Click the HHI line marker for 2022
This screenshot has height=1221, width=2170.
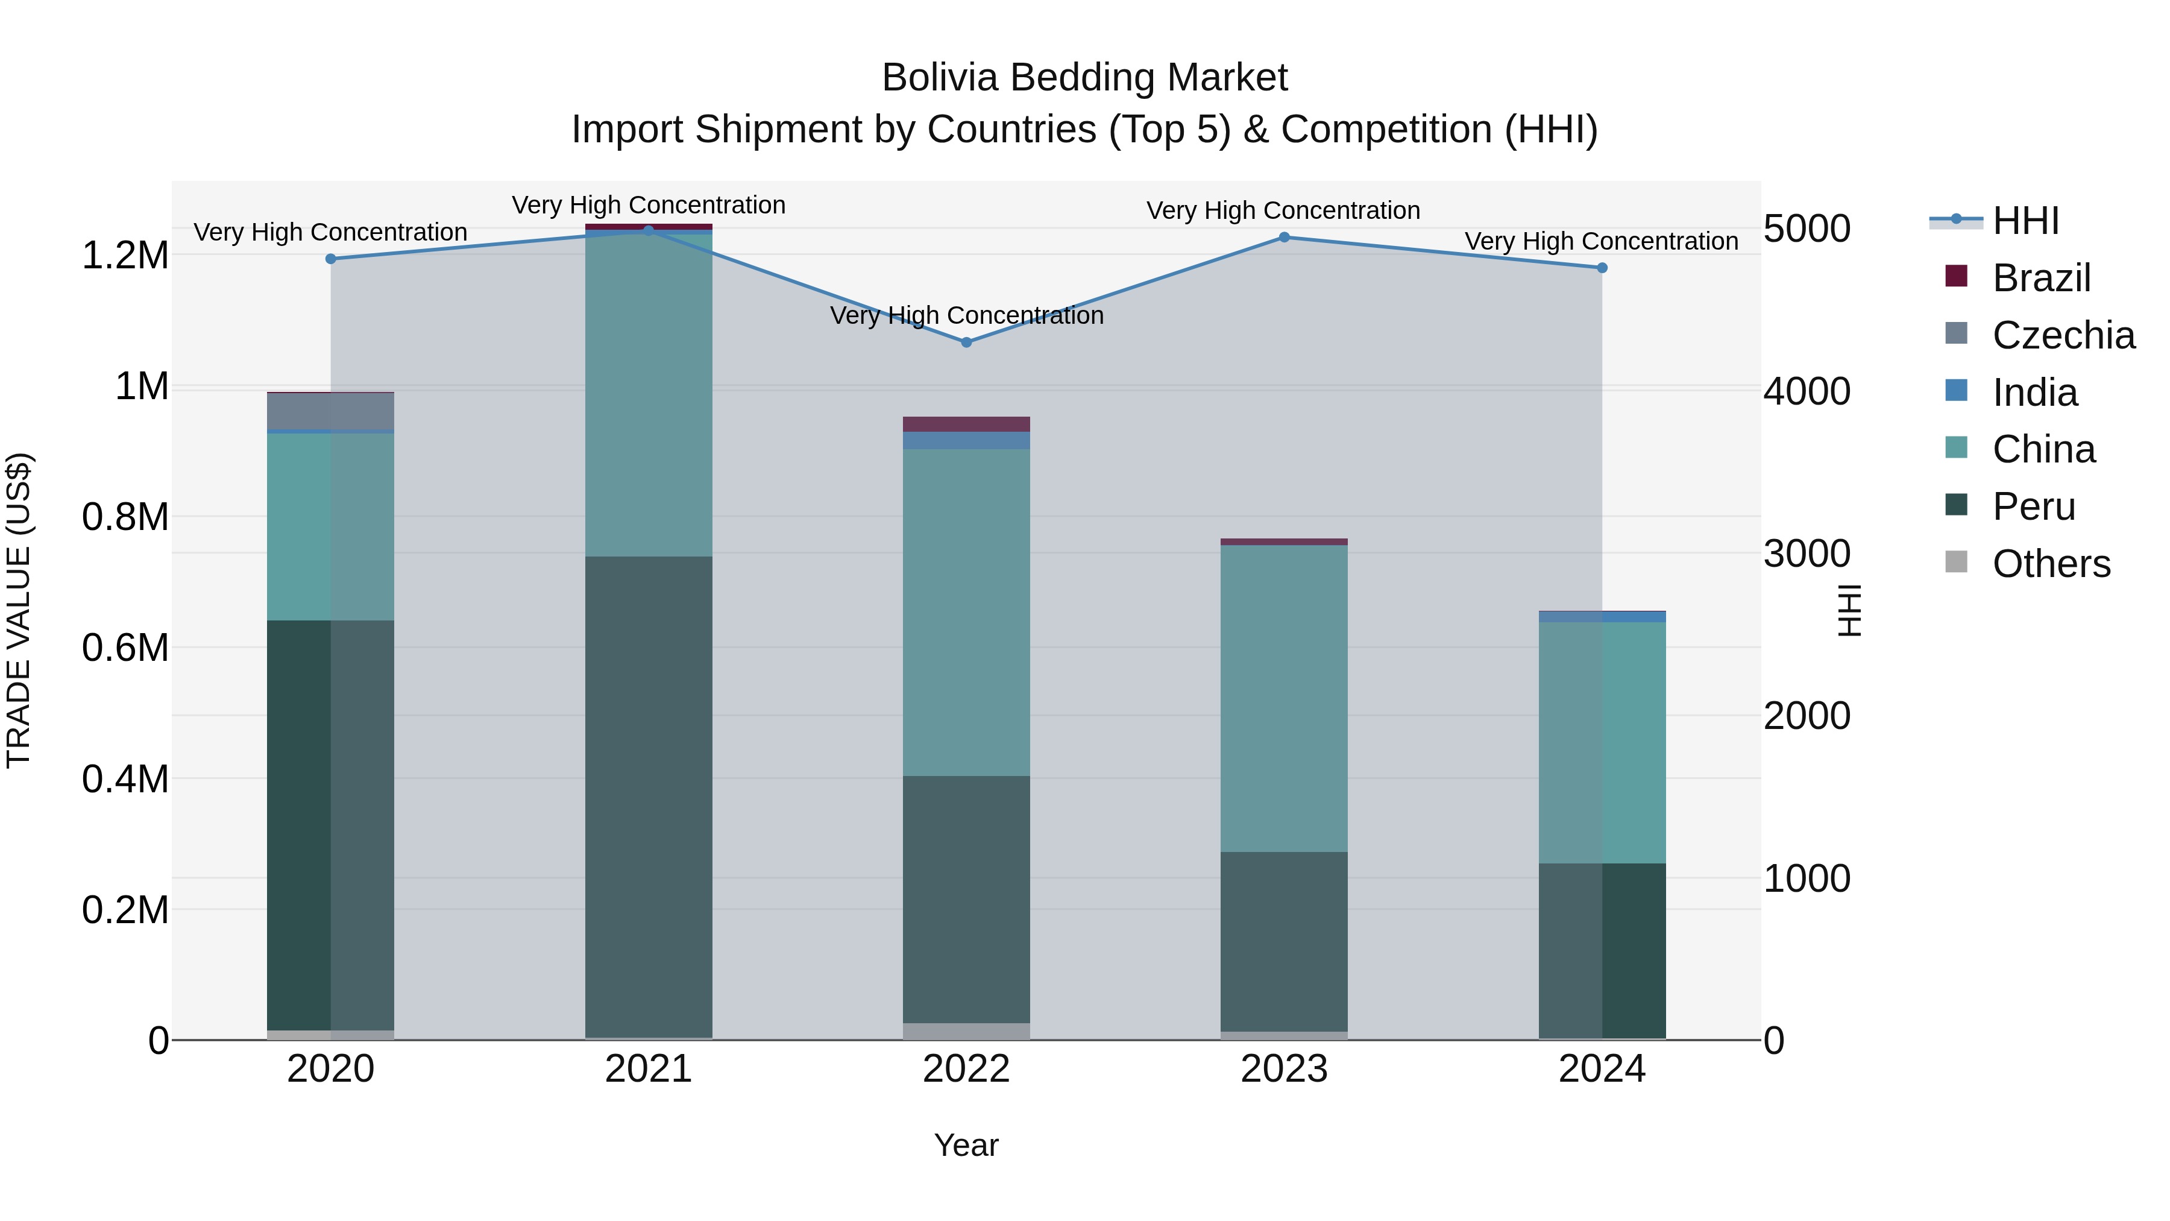pos(966,342)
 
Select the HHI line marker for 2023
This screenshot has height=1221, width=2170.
pos(1284,238)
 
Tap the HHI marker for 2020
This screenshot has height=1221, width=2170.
pos(331,259)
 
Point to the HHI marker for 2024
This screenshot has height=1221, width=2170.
pos(1602,268)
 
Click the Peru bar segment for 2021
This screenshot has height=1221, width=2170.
pos(649,797)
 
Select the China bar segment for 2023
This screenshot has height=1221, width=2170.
pos(1284,699)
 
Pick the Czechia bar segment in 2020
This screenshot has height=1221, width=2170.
pos(331,411)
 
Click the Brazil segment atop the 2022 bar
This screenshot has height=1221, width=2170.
pos(966,424)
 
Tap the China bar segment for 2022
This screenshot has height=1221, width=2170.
pos(966,613)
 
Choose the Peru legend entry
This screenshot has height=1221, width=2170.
pos(2032,506)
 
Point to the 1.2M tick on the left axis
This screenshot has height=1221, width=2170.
pos(125,255)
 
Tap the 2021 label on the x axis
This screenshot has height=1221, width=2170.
pos(649,1069)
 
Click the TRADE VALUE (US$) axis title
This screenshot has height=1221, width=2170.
pos(19,610)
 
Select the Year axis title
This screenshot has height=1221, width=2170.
pos(966,1145)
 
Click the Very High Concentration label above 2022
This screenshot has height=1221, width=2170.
pos(966,315)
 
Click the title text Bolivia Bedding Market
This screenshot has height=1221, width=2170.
pos(1084,78)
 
